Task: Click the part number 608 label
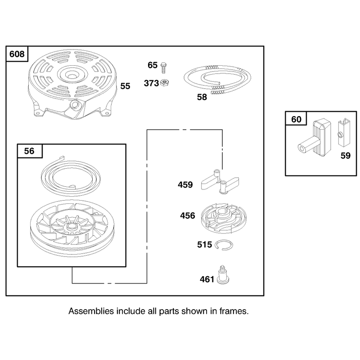[x=17, y=54]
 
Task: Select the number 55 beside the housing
[x=125, y=86]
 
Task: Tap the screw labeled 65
[x=163, y=68]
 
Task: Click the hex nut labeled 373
[x=164, y=83]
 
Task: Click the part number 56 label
[x=29, y=151]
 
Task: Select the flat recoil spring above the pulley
[x=71, y=176]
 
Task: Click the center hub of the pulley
[x=72, y=227]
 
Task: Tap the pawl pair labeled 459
[x=220, y=182]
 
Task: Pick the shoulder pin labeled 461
[x=223, y=275]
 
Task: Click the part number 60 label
[x=296, y=119]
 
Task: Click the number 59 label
[x=345, y=156]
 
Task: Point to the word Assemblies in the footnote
[x=91, y=311]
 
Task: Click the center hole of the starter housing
[x=72, y=75]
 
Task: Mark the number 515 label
[x=204, y=244]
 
